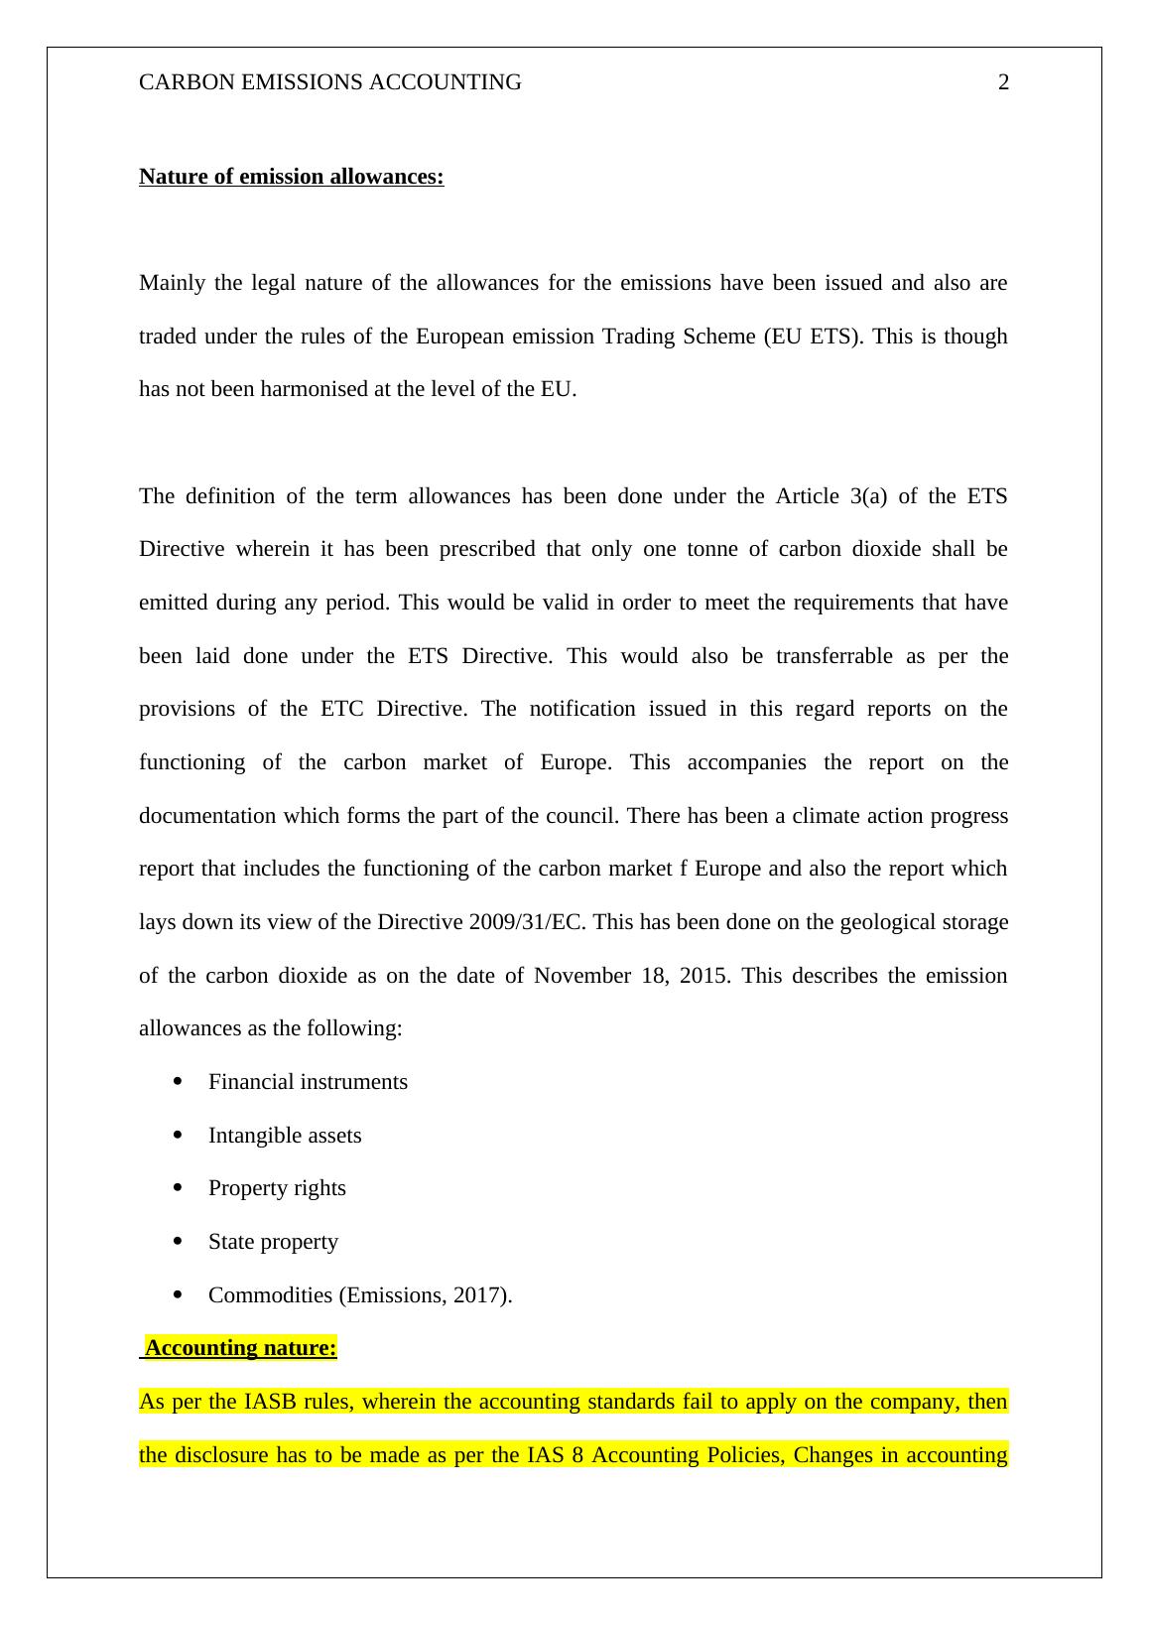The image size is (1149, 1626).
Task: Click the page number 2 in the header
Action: (1003, 82)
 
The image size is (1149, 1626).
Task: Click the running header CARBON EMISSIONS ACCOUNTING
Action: (329, 82)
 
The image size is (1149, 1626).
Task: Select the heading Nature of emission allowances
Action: (291, 177)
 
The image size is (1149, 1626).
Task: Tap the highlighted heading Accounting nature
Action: (241, 1348)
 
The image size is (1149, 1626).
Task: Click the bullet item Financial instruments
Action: (308, 1082)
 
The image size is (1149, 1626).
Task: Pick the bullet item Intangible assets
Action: (285, 1136)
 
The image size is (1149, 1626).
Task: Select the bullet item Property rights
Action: (277, 1188)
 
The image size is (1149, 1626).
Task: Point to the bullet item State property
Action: (273, 1242)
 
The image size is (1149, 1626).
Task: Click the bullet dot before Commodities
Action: (178, 1294)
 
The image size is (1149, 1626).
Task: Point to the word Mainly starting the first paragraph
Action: (172, 283)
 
